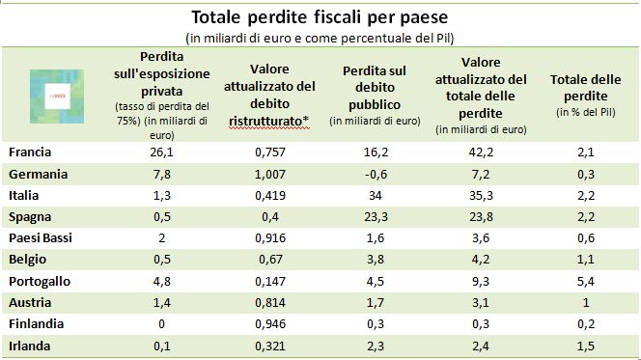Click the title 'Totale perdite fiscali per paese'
[x=320, y=17]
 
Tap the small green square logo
[x=57, y=97]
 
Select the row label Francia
[x=30, y=152]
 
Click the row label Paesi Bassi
[x=41, y=237]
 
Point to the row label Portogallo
[x=40, y=281]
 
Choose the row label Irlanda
[x=29, y=346]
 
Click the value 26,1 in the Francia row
[x=162, y=152]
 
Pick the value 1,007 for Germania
[x=270, y=174]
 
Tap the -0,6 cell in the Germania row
[x=375, y=174]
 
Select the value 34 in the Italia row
[x=375, y=195]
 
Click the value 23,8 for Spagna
[x=481, y=216]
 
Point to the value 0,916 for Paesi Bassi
[x=270, y=237]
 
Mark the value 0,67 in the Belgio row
[x=270, y=259]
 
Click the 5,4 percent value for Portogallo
[x=586, y=281]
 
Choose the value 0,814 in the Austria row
[x=270, y=302]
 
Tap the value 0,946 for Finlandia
[x=270, y=323]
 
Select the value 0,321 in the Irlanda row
[x=270, y=346]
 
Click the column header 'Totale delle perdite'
[x=585, y=88]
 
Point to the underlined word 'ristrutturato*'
[x=268, y=122]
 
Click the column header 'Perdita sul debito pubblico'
[x=375, y=88]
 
